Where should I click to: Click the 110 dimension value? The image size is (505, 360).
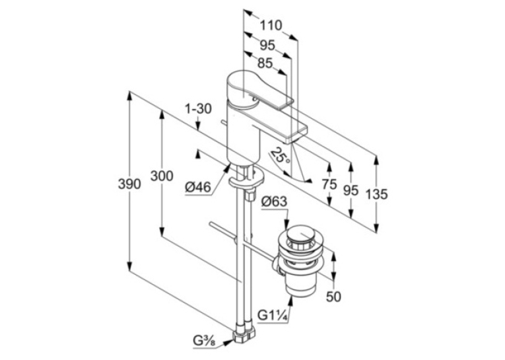(x=271, y=25)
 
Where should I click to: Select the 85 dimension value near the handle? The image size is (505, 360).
(x=265, y=63)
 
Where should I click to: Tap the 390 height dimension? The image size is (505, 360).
(x=129, y=184)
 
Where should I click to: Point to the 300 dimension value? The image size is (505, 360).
(x=162, y=176)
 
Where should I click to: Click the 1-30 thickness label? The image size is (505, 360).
(x=198, y=109)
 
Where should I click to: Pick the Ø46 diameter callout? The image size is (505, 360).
(x=198, y=187)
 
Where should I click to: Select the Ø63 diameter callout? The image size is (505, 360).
(x=274, y=201)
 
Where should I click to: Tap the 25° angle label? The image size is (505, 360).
(x=279, y=157)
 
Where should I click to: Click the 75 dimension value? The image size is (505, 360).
(x=329, y=184)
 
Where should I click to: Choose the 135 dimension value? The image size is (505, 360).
(x=377, y=194)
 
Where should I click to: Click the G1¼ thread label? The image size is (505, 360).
(x=273, y=314)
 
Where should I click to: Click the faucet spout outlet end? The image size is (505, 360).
(x=294, y=135)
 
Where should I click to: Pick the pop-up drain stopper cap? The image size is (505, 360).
(x=300, y=234)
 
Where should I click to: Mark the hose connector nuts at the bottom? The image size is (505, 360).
(x=244, y=334)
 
